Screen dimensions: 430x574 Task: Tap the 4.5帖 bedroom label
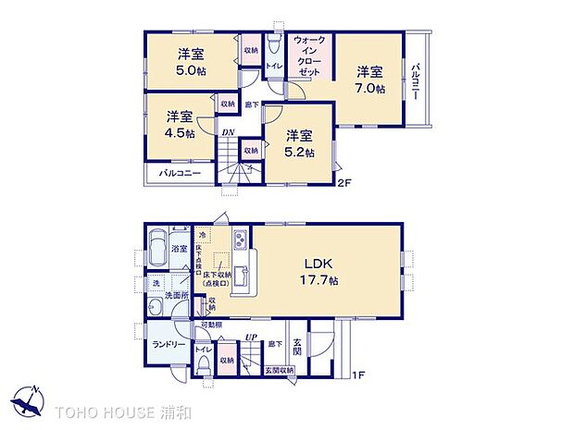pos(181,134)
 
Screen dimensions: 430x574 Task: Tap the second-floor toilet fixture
pos(273,45)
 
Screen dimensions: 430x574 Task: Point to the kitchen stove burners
pos(239,241)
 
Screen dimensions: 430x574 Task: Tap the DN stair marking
pos(229,131)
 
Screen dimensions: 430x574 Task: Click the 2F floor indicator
pos(343,183)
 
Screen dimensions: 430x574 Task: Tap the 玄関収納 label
pos(279,370)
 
